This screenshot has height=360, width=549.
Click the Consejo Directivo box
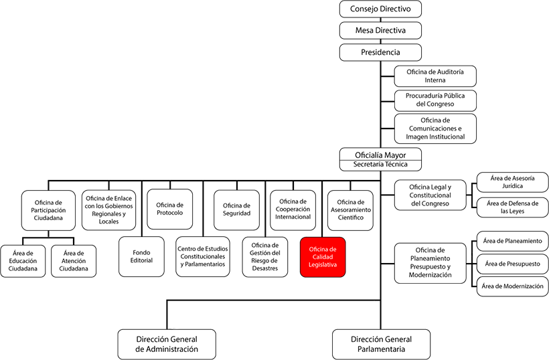pyautogui.click(x=380, y=9)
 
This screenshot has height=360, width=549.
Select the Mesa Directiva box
pyautogui.click(x=380, y=30)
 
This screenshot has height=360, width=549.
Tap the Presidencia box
pyautogui.click(x=380, y=52)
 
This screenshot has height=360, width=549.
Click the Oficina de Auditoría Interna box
pyautogui.click(x=435, y=76)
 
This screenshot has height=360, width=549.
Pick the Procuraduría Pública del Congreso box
pyautogui.click(x=435, y=100)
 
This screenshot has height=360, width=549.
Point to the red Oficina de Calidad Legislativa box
pyautogui.click(x=323, y=257)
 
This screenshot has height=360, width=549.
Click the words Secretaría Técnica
pyautogui.click(x=380, y=165)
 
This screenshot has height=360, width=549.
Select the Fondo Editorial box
pyautogui.click(x=141, y=257)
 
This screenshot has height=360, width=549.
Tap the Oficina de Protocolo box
pyautogui.click(x=170, y=209)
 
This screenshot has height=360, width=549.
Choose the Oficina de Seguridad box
pyautogui.click(x=237, y=210)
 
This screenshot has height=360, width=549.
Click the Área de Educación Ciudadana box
pyautogui.click(x=23, y=261)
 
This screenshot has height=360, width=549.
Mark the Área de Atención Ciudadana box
pyautogui.click(x=74, y=261)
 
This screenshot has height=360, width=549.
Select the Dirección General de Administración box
pyautogui.click(x=167, y=344)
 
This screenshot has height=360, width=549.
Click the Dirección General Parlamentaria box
pyautogui.click(x=382, y=344)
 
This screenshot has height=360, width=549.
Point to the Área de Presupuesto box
pyautogui.click(x=513, y=264)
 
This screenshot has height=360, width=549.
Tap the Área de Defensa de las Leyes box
pyautogui.click(x=513, y=207)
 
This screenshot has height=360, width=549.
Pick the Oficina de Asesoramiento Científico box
pyautogui.click(x=350, y=210)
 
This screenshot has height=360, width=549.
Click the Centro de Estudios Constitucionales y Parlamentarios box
pyautogui.click(x=203, y=257)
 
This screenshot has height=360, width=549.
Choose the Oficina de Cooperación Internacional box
pyautogui.click(x=293, y=210)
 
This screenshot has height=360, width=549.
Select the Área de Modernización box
pyautogui.click(x=513, y=286)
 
